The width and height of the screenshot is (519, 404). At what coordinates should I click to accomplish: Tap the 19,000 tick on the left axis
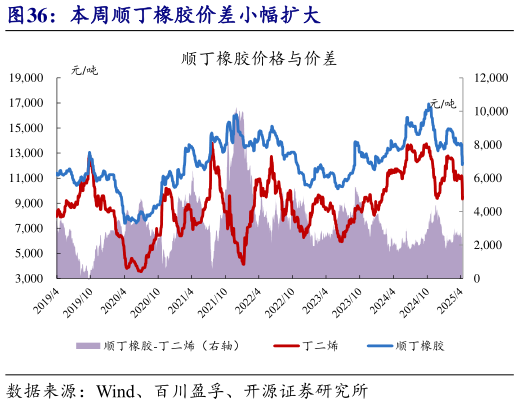pyautogui.click(x=32, y=77)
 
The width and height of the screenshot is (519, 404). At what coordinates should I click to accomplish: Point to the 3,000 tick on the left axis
pyautogui.click(x=35, y=278)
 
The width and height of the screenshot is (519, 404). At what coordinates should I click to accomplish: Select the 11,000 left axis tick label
pyautogui.click(x=32, y=178)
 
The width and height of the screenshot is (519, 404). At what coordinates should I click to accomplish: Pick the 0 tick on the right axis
pyautogui.click(x=477, y=278)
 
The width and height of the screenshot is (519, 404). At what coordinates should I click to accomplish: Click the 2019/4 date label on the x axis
pyautogui.click(x=47, y=298)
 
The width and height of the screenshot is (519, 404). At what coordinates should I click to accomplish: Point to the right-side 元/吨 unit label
pyautogui.click(x=442, y=102)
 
